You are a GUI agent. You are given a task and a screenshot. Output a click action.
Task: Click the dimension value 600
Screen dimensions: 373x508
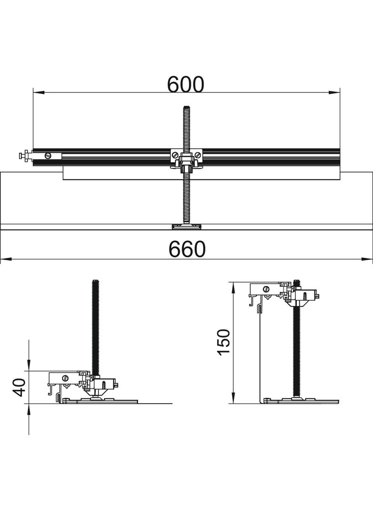pyautogui.click(x=186, y=84)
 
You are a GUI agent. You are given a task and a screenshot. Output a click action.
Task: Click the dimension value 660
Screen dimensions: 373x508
pyautogui.click(x=187, y=249)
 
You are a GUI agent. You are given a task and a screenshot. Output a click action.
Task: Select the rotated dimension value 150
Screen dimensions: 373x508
pyautogui.click(x=224, y=343)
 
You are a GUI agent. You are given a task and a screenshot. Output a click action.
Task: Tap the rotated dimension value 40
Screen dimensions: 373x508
pyautogui.click(x=20, y=387)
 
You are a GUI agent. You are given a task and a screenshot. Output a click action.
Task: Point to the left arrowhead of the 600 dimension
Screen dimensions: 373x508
pyautogui.click(x=39, y=92)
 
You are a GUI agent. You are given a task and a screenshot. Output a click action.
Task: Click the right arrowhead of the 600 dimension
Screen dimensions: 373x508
pyautogui.click(x=334, y=92)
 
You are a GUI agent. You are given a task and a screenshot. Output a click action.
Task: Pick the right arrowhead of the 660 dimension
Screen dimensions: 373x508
pyautogui.click(x=367, y=259)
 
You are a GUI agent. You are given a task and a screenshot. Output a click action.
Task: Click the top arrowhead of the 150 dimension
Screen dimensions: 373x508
pyautogui.click(x=233, y=288)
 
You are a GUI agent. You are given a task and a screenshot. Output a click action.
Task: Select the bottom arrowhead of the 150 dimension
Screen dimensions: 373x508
pyautogui.click(x=233, y=398)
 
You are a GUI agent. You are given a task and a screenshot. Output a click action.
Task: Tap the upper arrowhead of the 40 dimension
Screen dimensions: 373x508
pyautogui.click(x=29, y=365)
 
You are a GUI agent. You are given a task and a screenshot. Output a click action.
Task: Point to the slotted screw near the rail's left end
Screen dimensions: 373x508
pyautogui.click(x=48, y=155)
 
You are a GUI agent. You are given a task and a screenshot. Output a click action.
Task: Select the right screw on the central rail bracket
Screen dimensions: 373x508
pyautogui.click(x=197, y=154)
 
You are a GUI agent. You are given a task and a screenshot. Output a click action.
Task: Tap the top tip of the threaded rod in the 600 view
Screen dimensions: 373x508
pyautogui.click(x=186, y=107)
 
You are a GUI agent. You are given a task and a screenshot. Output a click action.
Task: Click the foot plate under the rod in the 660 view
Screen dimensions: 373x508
pyautogui.click(x=186, y=227)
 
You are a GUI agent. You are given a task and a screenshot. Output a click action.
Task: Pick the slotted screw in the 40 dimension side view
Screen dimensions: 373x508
pyautogui.click(x=65, y=378)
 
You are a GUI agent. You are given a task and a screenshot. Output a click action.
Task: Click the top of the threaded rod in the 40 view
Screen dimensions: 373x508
pyautogui.click(x=95, y=281)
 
